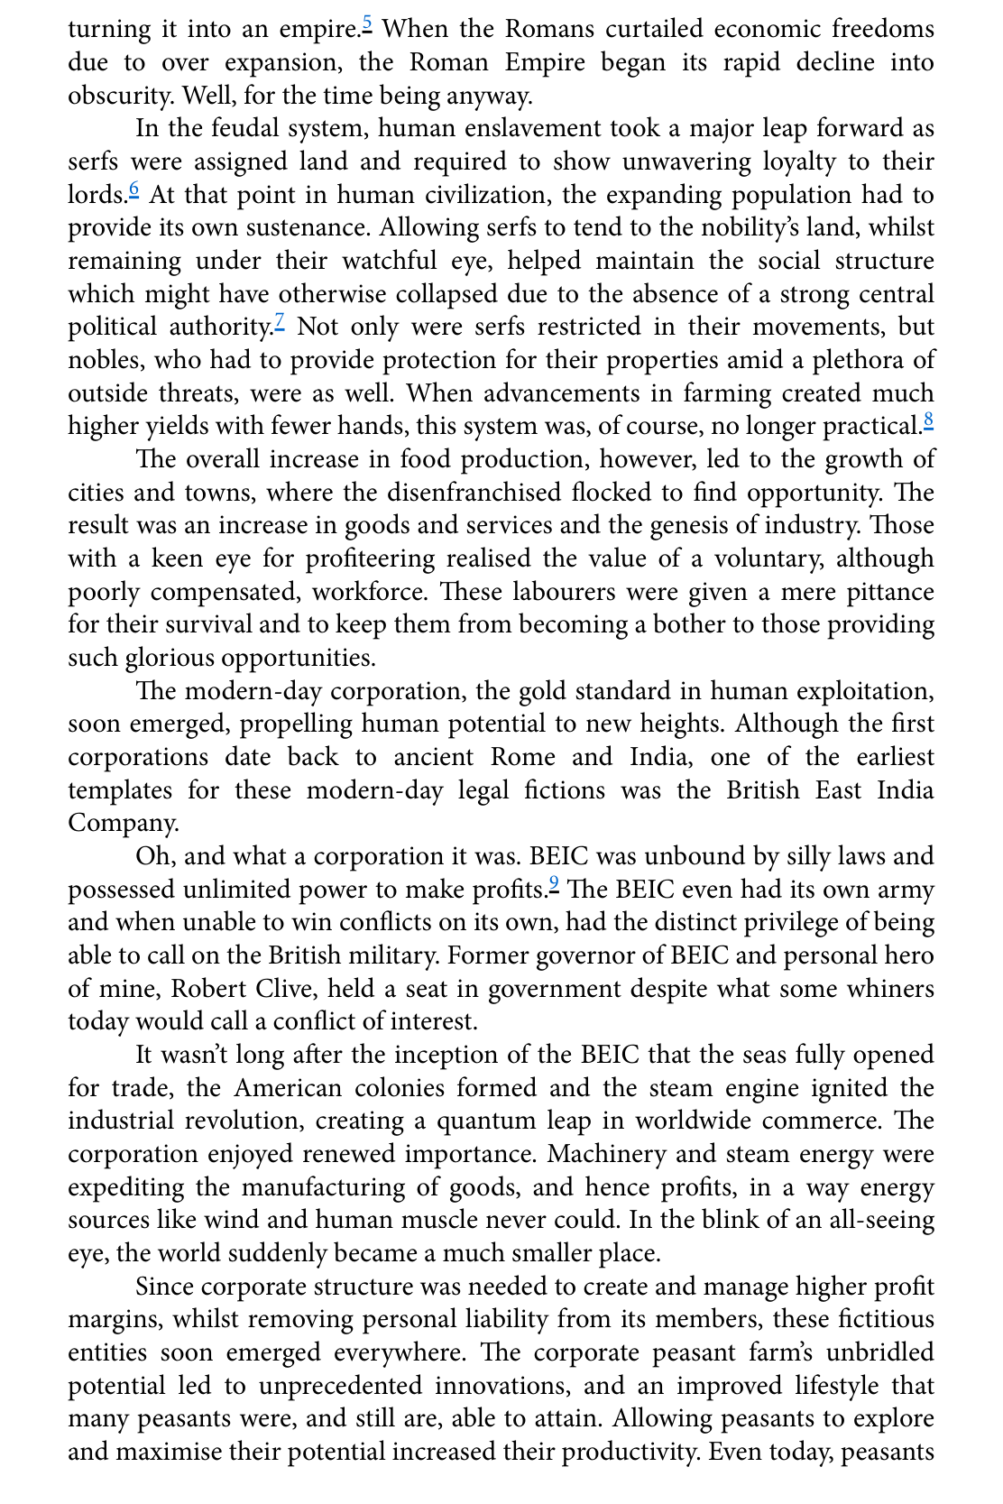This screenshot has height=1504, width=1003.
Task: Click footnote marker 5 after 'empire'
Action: click(367, 22)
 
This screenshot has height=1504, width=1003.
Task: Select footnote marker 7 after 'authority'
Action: click(280, 320)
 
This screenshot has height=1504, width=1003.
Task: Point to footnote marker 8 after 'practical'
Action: click(928, 420)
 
